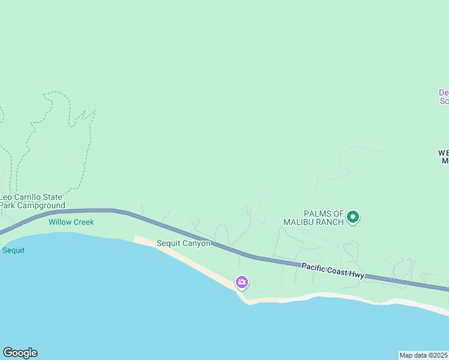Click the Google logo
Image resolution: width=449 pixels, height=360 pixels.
click(x=20, y=353)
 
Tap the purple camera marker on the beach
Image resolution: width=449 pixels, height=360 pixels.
click(x=242, y=282)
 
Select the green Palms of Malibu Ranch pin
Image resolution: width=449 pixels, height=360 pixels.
click(x=354, y=217)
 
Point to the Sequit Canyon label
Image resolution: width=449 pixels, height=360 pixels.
click(x=183, y=243)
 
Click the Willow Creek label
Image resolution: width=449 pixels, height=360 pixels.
click(x=71, y=222)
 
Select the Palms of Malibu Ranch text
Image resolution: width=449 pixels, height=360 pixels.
click(x=314, y=218)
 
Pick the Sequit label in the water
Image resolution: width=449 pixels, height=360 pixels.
click(x=13, y=250)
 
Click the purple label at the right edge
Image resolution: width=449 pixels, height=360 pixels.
click(x=444, y=97)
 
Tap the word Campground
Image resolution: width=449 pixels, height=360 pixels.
click(x=41, y=206)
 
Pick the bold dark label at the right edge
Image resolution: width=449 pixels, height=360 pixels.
click(x=444, y=157)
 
